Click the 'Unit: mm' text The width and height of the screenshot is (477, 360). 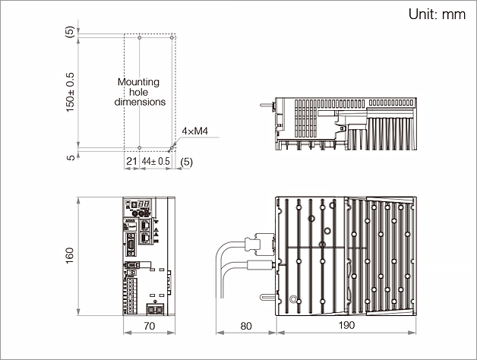pyautogui.click(x=436, y=14)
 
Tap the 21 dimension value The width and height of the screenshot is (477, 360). pyautogui.click(x=131, y=161)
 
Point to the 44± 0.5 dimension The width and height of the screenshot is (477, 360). pyautogui.click(x=156, y=161)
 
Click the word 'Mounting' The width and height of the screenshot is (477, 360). pyautogui.click(x=139, y=81)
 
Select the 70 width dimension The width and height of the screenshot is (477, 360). pyautogui.click(x=150, y=326)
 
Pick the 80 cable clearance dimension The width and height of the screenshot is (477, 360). pyautogui.click(x=245, y=326)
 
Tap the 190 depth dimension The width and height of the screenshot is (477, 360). pyautogui.click(x=345, y=326)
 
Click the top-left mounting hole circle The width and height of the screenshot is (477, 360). pyautogui.click(x=140, y=36)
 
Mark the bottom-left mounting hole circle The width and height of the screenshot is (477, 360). pyautogui.click(x=140, y=147)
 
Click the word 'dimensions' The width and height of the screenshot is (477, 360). pyautogui.click(x=140, y=101)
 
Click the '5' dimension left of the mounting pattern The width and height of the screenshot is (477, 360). pyautogui.click(x=71, y=157)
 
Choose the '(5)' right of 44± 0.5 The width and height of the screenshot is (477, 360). pyautogui.click(x=187, y=161)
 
